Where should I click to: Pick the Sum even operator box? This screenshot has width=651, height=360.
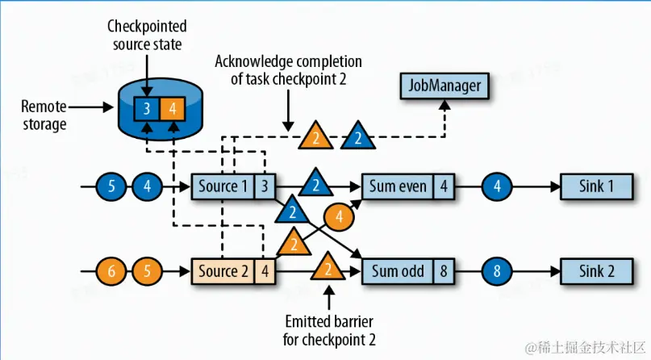click(398, 186)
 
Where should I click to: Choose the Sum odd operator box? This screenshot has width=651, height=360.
click(398, 270)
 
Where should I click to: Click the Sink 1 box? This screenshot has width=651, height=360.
click(597, 186)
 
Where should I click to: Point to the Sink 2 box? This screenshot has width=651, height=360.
click(597, 270)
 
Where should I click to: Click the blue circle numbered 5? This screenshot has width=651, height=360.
click(112, 187)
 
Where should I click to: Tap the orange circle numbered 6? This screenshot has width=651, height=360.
click(112, 271)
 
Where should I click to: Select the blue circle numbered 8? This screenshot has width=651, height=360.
click(499, 271)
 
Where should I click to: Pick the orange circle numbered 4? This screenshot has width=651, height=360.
click(339, 216)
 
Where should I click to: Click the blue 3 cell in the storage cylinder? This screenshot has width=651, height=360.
click(148, 107)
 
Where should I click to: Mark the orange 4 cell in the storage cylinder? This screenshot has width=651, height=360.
click(173, 107)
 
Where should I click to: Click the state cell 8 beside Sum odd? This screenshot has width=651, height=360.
click(444, 270)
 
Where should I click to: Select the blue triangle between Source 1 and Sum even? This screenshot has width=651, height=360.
click(315, 185)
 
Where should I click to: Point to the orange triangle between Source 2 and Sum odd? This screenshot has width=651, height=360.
click(328, 267)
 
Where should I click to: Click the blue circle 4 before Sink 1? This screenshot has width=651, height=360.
click(499, 187)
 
